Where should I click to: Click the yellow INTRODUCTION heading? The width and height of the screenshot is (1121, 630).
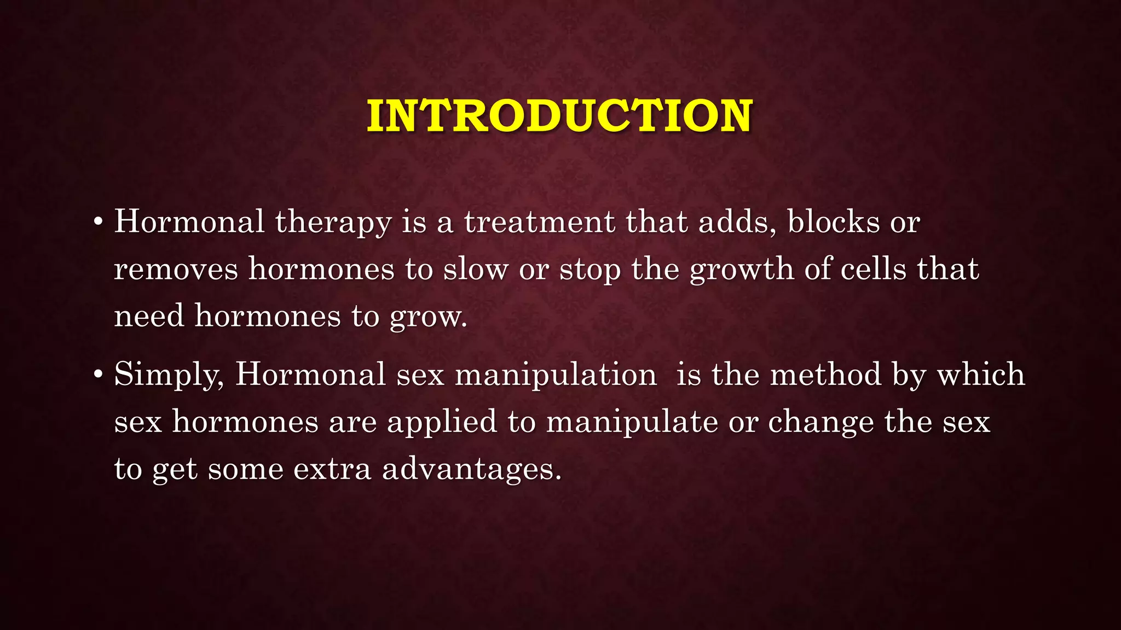click(559, 116)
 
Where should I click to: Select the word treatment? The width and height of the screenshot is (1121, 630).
click(539, 222)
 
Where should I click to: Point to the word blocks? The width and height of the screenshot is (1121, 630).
click(833, 222)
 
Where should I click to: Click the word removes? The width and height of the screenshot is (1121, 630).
click(176, 270)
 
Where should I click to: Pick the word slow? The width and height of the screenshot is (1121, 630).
click(475, 270)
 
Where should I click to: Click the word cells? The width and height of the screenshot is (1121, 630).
click(873, 269)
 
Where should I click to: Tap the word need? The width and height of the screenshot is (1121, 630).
click(149, 316)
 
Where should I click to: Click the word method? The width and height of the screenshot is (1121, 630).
click(825, 375)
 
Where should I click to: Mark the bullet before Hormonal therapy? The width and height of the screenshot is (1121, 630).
click(98, 223)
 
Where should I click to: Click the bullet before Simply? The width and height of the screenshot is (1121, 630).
click(98, 375)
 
